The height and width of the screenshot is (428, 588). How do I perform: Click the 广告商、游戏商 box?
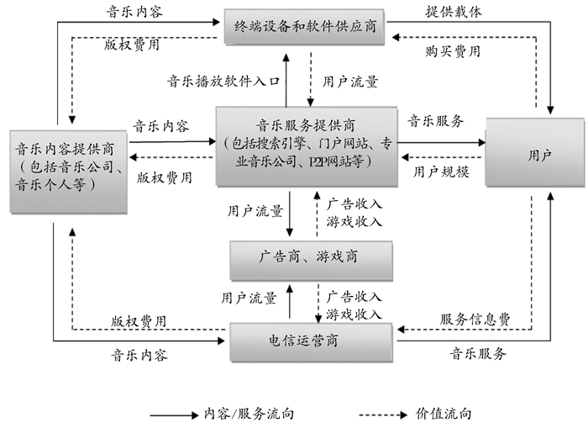[310, 256]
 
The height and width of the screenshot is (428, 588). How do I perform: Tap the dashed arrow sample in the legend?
[386, 415]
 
